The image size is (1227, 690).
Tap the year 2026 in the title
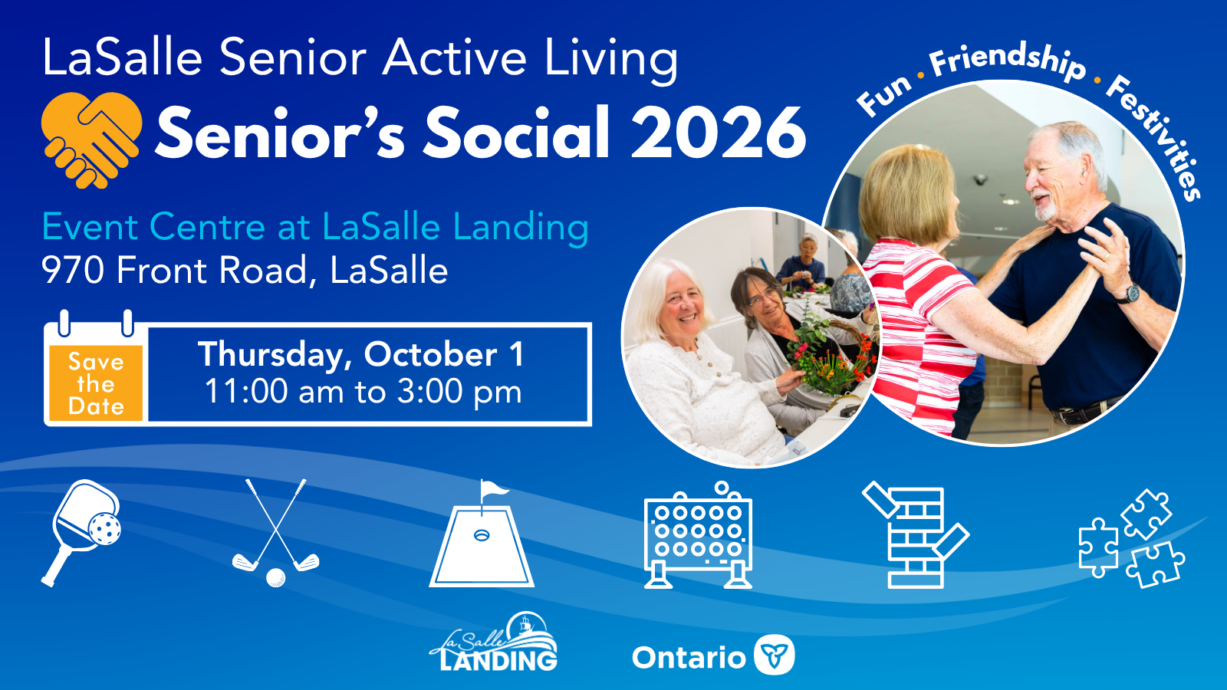718,133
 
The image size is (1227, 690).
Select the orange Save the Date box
96,383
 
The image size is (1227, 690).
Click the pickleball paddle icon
81,532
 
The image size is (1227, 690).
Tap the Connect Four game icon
698,535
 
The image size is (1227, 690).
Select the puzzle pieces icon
1132,539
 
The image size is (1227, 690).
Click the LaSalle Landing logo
494,642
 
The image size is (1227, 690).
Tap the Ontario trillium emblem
774,655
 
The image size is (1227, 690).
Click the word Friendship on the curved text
1007,62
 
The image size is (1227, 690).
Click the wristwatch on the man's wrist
1131,294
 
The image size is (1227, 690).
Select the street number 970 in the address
73,270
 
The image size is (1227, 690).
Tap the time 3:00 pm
459,392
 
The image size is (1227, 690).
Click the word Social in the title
517,133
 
